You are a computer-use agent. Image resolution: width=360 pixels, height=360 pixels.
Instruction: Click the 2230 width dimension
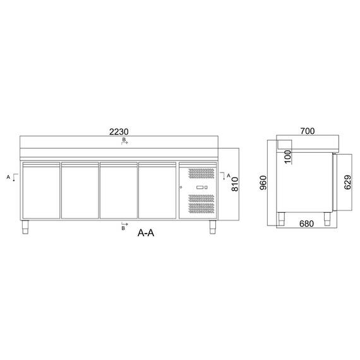(120, 132)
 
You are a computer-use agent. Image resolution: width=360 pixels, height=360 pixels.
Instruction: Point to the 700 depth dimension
(307, 131)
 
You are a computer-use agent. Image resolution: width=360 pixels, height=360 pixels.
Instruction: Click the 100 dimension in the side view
(289, 157)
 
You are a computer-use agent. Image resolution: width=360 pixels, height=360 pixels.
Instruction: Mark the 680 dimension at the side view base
(306, 222)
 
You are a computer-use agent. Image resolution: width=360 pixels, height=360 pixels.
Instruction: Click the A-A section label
(147, 232)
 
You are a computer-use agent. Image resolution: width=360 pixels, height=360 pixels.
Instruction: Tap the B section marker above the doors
(124, 143)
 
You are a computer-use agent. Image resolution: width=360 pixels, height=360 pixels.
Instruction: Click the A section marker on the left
(11, 177)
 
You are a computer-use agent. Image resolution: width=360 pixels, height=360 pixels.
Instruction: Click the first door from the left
(41, 191)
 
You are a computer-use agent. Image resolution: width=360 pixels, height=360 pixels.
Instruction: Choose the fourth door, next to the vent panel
(159, 191)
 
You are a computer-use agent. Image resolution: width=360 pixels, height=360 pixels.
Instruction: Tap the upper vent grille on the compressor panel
(201, 174)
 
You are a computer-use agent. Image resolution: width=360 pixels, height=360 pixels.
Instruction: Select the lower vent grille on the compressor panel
(201, 203)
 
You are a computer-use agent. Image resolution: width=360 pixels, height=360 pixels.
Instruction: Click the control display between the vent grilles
(201, 188)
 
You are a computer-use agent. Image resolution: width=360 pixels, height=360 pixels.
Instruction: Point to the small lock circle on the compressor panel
(182, 188)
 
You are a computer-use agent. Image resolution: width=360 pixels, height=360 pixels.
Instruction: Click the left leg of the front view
(27, 226)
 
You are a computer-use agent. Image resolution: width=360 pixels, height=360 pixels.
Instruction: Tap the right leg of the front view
(213, 226)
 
